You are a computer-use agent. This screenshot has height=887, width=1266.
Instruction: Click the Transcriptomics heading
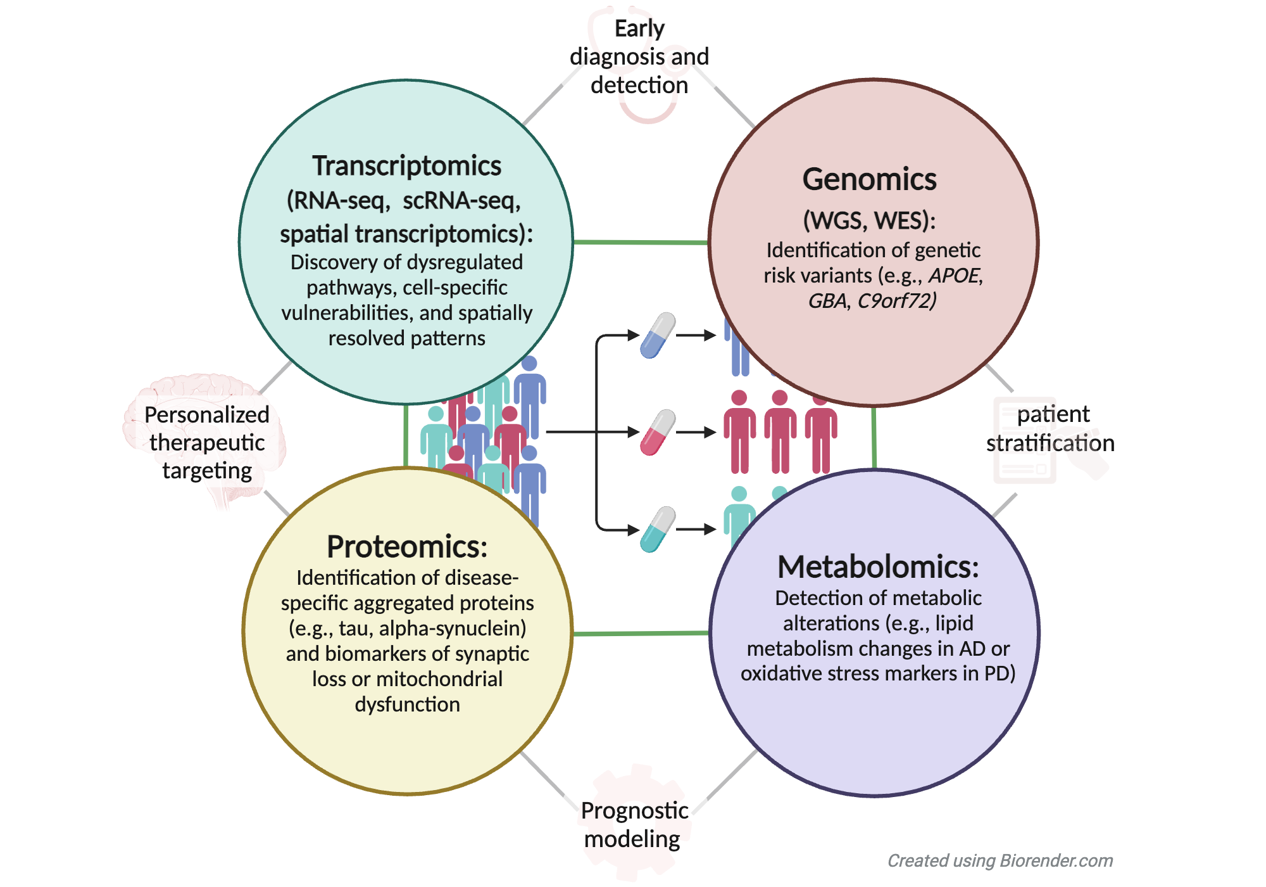point(406,166)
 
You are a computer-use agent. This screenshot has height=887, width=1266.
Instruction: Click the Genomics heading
point(869,179)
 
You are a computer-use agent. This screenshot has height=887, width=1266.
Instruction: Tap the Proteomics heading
point(406,546)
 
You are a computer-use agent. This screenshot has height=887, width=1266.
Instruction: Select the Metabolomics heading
point(877,566)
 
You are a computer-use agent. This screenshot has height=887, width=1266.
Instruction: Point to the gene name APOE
point(955,276)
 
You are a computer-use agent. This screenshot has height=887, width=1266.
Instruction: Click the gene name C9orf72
point(897,300)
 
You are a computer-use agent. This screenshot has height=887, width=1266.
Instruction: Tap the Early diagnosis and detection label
point(639,57)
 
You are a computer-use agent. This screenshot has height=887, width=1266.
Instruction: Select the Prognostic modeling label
point(634,824)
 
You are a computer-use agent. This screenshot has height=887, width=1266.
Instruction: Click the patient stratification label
point(1051,428)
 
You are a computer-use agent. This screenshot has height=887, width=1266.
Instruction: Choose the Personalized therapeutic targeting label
point(207,442)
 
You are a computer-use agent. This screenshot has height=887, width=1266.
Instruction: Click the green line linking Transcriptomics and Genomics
point(639,242)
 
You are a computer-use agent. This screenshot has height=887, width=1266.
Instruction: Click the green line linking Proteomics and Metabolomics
point(639,633)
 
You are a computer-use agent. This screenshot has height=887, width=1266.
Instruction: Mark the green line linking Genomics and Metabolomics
point(874,437)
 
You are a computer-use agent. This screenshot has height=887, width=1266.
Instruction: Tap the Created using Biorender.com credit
point(1000,860)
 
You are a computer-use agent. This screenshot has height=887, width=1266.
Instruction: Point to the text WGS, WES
point(869,220)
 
